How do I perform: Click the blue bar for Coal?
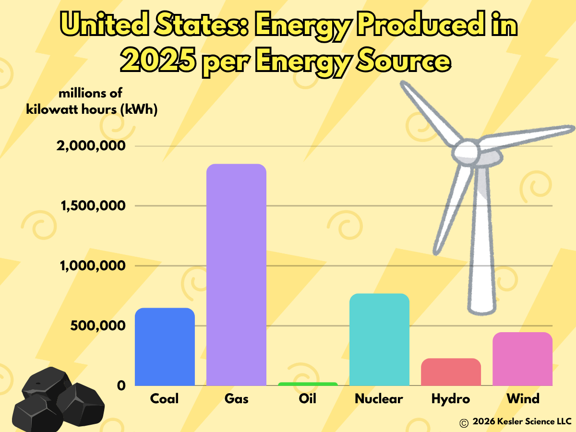coord(165,347)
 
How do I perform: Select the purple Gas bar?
coord(236,275)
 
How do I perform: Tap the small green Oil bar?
coord(308,384)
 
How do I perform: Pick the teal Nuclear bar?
coord(379,339)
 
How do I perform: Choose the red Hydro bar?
coord(451,372)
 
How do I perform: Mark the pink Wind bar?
coord(522,359)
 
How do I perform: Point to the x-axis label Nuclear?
coord(379,399)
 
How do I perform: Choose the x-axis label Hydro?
coord(451,399)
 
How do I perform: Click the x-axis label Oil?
coord(308,399)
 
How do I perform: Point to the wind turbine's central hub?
coord(466,151)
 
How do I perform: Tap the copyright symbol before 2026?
coord(464,422)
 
